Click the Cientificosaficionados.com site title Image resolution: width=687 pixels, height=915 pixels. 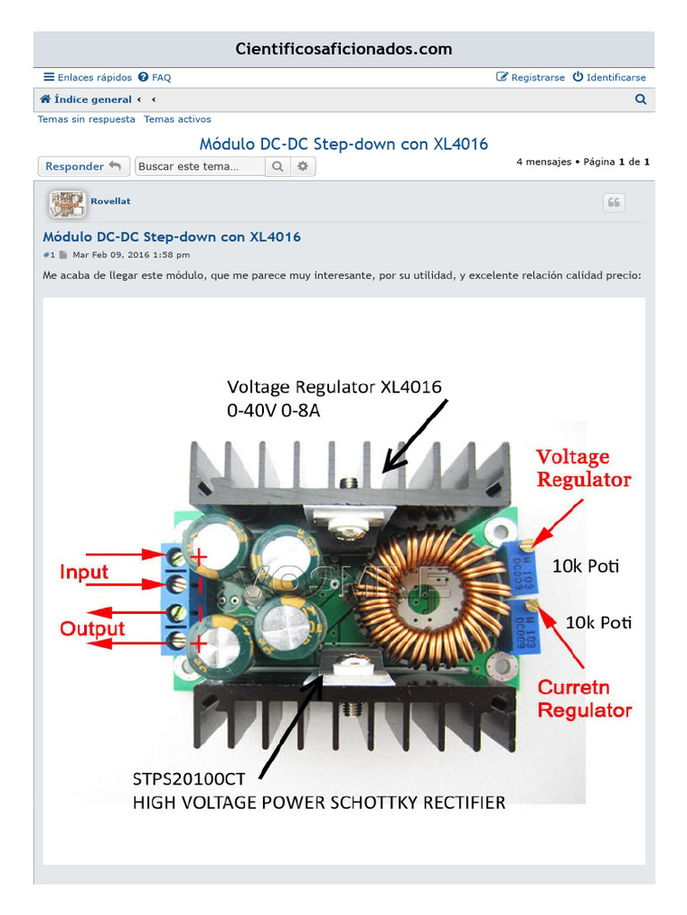(x=343, y=49)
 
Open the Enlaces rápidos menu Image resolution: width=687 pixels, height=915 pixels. (x=88, y=78)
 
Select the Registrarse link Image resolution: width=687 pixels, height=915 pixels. (x=530, y=78)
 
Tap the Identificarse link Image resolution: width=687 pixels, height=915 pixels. (x=609, y=78)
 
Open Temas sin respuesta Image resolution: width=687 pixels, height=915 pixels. (x=87, y=119)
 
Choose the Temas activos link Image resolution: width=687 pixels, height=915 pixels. (x=177, y=119)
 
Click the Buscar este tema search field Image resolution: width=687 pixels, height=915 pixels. (x=199, y=166)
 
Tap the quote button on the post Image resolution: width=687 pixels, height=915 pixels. (x=614, y=203)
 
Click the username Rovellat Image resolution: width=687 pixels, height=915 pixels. (x=111, y=201)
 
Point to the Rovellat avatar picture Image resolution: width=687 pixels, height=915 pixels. (x=66, y=205)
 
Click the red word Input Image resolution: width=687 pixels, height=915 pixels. (x=84, y=573)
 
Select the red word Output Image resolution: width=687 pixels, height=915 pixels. (x=93, y=629)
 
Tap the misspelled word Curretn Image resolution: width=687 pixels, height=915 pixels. (x=573, y=688)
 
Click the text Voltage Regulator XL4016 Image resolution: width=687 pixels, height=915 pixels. (x=334, y=387)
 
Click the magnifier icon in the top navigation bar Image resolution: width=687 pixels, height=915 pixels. (x=640, y=100)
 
